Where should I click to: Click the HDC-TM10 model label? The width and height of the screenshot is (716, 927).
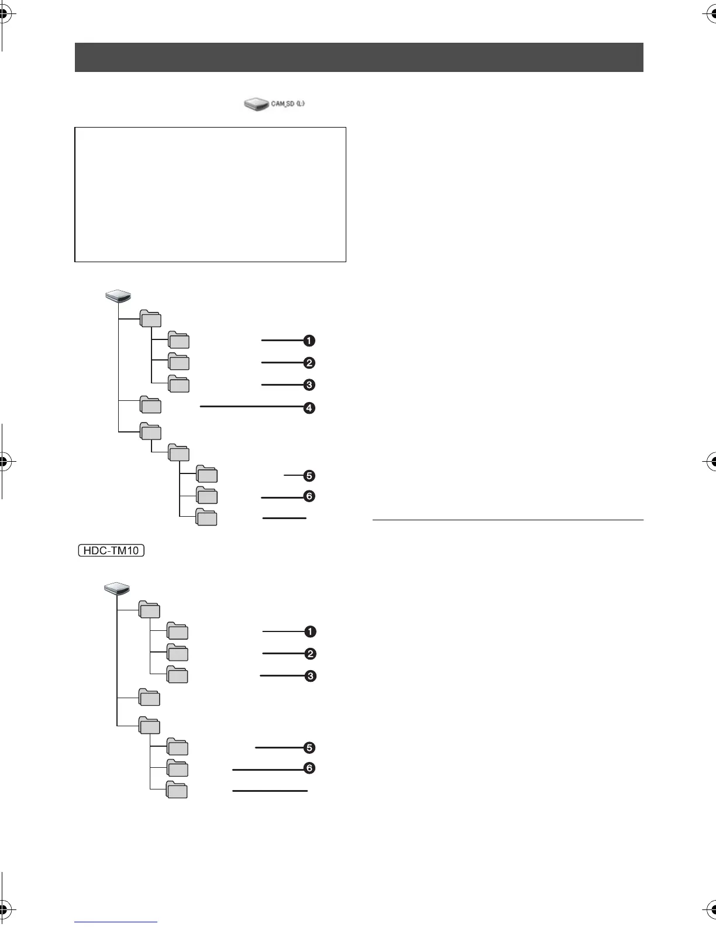[x=111, y=551]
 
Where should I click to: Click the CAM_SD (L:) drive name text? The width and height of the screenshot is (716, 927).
[x=288, y=104]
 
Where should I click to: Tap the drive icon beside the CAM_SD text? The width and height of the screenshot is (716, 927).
[x=256, y=104]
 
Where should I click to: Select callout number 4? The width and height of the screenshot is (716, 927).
[x=309, y=407]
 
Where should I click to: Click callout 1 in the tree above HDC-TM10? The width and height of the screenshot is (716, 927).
[x=309, y=341]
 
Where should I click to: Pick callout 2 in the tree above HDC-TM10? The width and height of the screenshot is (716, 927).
[x=309, y=363]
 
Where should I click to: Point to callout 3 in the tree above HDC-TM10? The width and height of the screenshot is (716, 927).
[x=309, y=385]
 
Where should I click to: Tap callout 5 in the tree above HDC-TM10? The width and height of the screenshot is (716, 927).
[x=309, y=476]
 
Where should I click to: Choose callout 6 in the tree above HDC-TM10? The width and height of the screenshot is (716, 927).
[x=309, y=496]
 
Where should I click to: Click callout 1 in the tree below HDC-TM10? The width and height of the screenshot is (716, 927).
[x=310, y=631]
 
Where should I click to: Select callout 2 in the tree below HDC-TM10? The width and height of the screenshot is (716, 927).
[x=311, y=654]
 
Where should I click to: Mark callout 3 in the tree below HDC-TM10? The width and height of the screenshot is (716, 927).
[x=311, y=676]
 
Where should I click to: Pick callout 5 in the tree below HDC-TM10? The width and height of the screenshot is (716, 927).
[x=309, y=747]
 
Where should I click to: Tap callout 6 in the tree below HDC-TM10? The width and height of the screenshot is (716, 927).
[x=309, y=768]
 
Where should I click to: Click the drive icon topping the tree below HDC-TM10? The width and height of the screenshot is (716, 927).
[x=116, y=589]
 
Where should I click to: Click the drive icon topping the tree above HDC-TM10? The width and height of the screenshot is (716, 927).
[x=118, y=297]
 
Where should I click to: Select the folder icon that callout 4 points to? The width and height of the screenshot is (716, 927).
[x=150, y=406]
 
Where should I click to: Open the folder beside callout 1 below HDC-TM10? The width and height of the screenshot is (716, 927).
[x=177, y=631]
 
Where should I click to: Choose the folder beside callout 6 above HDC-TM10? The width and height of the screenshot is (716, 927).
[x=206, y=496]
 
